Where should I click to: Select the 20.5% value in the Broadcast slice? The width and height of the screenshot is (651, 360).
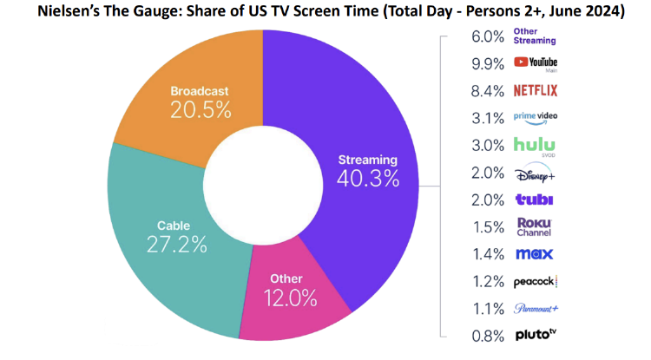(201, 110)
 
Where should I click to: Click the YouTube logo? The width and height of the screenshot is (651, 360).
(535, 62)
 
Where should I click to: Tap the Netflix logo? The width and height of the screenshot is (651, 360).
(535, 90)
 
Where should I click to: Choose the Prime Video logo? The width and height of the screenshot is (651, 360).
(535, 116)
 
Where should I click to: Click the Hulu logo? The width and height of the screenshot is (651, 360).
(535, 144)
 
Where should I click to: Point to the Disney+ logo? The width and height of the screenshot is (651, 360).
(535, 172)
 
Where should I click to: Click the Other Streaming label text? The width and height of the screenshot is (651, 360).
(535, 36)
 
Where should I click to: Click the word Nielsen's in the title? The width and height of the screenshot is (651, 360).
(70, 12)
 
